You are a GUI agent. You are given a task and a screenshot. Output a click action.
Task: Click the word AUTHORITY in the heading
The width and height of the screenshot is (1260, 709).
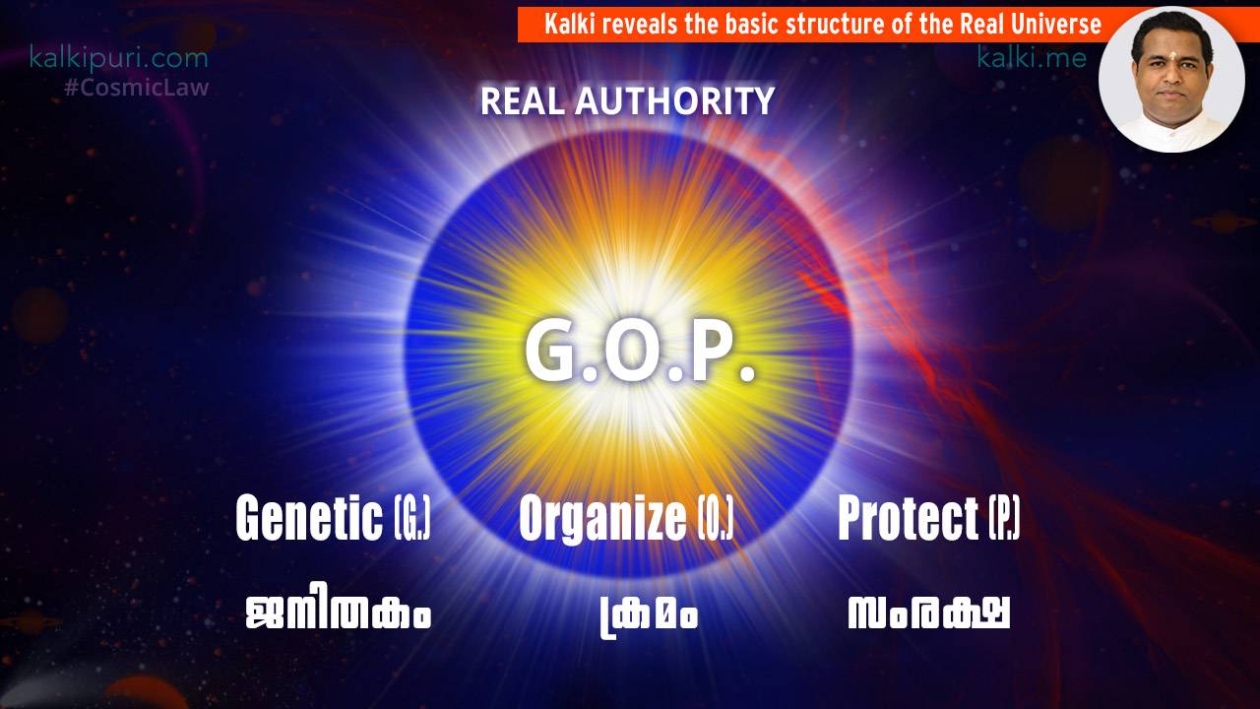click(674, 101)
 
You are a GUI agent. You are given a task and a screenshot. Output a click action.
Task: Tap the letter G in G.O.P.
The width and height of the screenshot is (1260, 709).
click(552, 352)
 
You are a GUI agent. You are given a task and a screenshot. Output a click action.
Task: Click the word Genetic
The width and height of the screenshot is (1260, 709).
click(309, 518)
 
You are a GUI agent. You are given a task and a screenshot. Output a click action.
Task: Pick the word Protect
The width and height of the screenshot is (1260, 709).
click(909, 518)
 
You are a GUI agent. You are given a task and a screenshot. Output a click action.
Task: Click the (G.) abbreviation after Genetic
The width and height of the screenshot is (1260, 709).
click(412, 518)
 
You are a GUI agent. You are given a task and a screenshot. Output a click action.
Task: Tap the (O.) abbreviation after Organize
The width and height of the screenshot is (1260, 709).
click(716, 518)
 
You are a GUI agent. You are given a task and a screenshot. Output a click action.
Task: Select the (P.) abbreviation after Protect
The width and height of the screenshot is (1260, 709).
click(1005, 518)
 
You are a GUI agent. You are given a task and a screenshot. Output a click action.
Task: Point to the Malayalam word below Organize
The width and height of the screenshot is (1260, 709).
click(649, 615)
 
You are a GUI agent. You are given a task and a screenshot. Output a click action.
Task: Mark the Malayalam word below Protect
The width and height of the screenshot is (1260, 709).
click(928, 612)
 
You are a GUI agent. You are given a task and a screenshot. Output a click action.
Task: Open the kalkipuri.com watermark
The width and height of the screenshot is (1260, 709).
click(119, 58)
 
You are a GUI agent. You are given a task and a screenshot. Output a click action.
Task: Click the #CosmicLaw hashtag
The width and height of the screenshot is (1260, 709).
click(137, 88)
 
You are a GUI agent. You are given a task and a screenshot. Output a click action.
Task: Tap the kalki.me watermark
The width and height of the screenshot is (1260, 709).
click(1032, 57)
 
